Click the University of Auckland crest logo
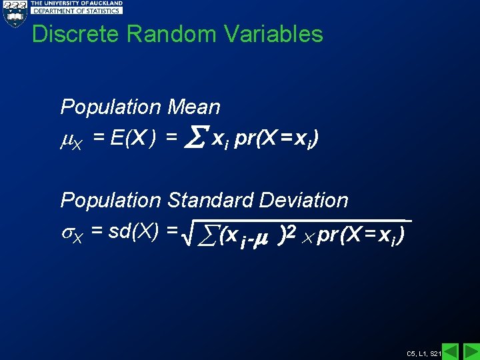click(13, 13)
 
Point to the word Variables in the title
click(279, 34)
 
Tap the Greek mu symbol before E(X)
click(67, 139)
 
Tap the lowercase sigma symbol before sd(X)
click(67, 233)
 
